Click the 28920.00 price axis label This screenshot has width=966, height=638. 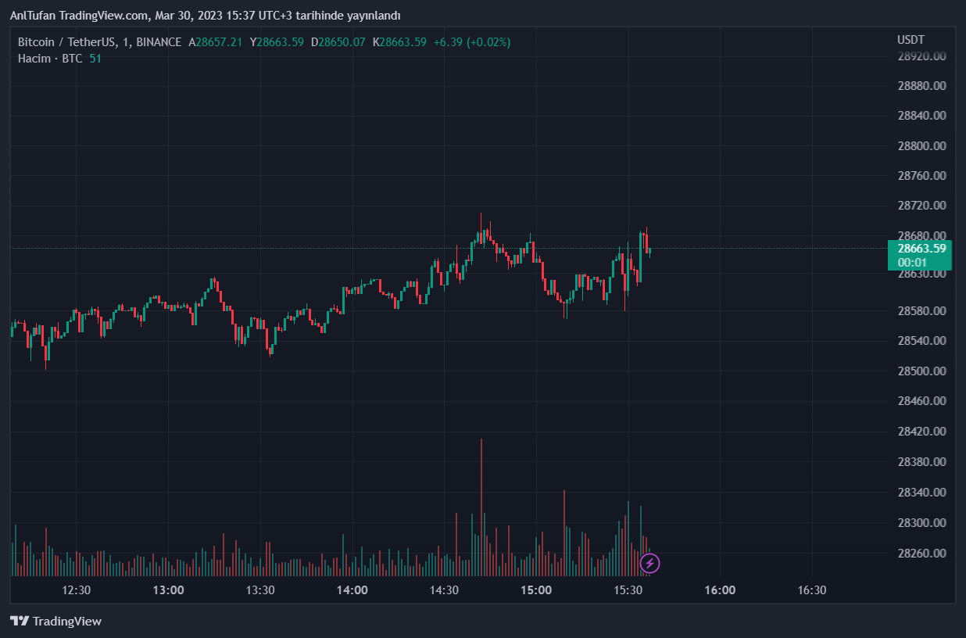tap(922, 56)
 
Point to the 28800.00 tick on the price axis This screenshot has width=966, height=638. tap(922, 146)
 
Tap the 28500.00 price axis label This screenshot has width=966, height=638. tap(922, 371)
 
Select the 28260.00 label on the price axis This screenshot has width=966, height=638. tap(922, 554)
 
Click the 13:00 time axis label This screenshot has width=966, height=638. tap(168, 590)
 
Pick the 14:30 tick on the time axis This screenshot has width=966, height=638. tap(444, 590)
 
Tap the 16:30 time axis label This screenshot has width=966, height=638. tap(811, 590)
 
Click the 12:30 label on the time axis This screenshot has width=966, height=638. tap(77, 590)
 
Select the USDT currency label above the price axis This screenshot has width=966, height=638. tap(911, 40)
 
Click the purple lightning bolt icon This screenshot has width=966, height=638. tap(649, 563)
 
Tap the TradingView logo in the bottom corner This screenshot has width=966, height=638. tap(56, 622)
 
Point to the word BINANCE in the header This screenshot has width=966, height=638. tap(159, 42)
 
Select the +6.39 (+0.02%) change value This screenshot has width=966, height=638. tap(472, 42)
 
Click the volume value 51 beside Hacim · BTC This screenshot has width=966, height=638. tap(95, 59)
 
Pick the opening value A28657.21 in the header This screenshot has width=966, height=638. tap(215, 42)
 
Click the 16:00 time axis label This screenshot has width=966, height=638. tap(720, 590)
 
